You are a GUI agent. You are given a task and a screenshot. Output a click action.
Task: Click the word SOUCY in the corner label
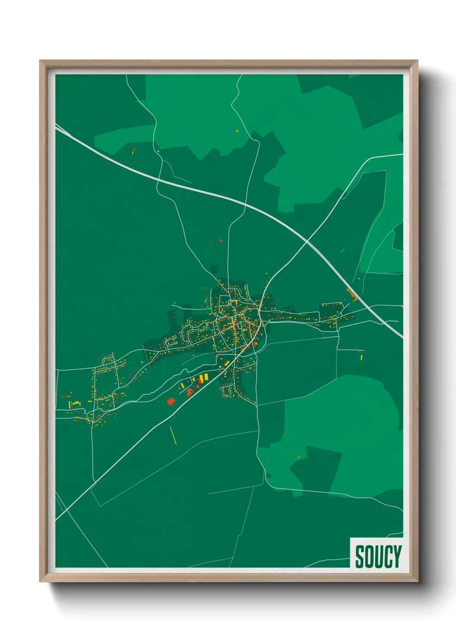(x=378, y=556)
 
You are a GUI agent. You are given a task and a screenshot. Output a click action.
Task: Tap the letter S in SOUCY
(x=359, y=556)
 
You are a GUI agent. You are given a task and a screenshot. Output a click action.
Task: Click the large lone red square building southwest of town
(x=171, y=401)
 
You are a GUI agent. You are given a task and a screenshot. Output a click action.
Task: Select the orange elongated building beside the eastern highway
(x=354, y=296)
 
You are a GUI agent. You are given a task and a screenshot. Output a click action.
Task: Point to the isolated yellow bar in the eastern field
(x=361, y=357)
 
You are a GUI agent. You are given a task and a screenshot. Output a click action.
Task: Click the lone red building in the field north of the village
(x=221, y=241)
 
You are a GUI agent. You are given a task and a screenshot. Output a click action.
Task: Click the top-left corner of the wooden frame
(x=41, y=61)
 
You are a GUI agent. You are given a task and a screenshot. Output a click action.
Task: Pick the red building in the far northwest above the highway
(x=134, y=150)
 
